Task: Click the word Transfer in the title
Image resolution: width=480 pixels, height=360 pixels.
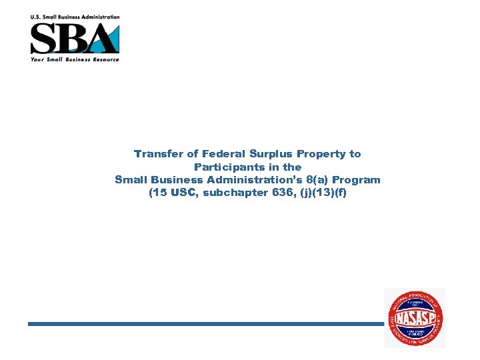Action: [157, 154]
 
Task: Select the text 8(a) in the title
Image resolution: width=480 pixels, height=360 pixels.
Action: [317, 180]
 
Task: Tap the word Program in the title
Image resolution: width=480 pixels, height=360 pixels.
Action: [357, 180]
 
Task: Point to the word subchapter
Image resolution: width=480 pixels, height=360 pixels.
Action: [234, 193]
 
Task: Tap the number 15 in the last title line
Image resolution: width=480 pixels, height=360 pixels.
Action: [159, 193]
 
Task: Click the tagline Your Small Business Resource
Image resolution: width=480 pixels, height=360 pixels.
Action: [75, 59]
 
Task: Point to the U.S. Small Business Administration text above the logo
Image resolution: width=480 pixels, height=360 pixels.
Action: [75, 17]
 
